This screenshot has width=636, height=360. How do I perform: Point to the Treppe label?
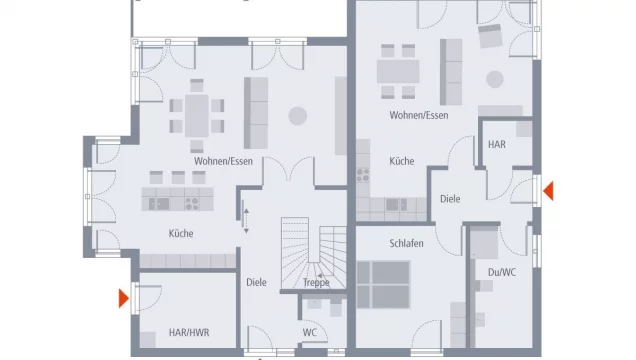click(x=317, y=283)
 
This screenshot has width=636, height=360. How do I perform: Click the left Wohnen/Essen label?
click(x=223, y=161)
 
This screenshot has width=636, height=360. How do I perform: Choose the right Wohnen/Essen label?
click(x=419, y=115)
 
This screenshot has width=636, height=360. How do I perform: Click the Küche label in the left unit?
click(x=181, y=234)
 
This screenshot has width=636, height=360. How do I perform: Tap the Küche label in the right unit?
click(x=401, y=160)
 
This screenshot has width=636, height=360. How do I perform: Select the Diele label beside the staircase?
click(x=257, y=282)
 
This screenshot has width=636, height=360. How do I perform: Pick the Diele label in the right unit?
click(x=450, y=199)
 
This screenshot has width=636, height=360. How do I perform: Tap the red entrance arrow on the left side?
click(x=123, y=297)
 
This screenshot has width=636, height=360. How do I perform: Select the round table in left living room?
click(x=298, y=116)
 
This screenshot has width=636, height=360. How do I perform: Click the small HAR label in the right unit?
click(x=497, y=145)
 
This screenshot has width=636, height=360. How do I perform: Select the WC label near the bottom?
click(x=310, y=333)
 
